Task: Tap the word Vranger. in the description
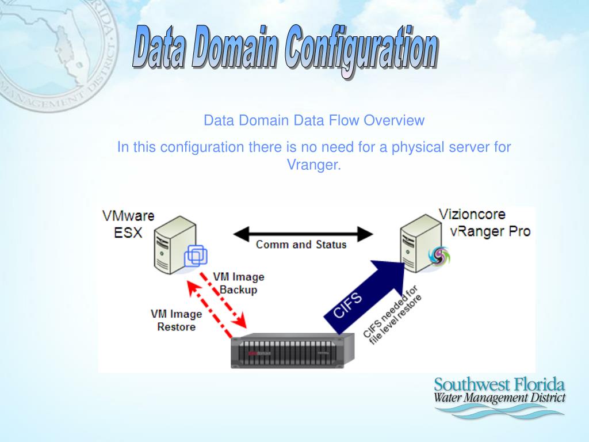click(314, 165)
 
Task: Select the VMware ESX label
click(128, 224)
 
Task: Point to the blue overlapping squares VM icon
click(195, 256)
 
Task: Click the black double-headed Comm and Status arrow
click(303, 234)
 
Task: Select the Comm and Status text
click(301, 245)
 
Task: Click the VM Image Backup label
click(238, 283)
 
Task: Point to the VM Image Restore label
click(176, 321)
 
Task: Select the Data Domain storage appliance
click(292, 350)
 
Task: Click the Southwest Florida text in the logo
click(499, 385)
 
